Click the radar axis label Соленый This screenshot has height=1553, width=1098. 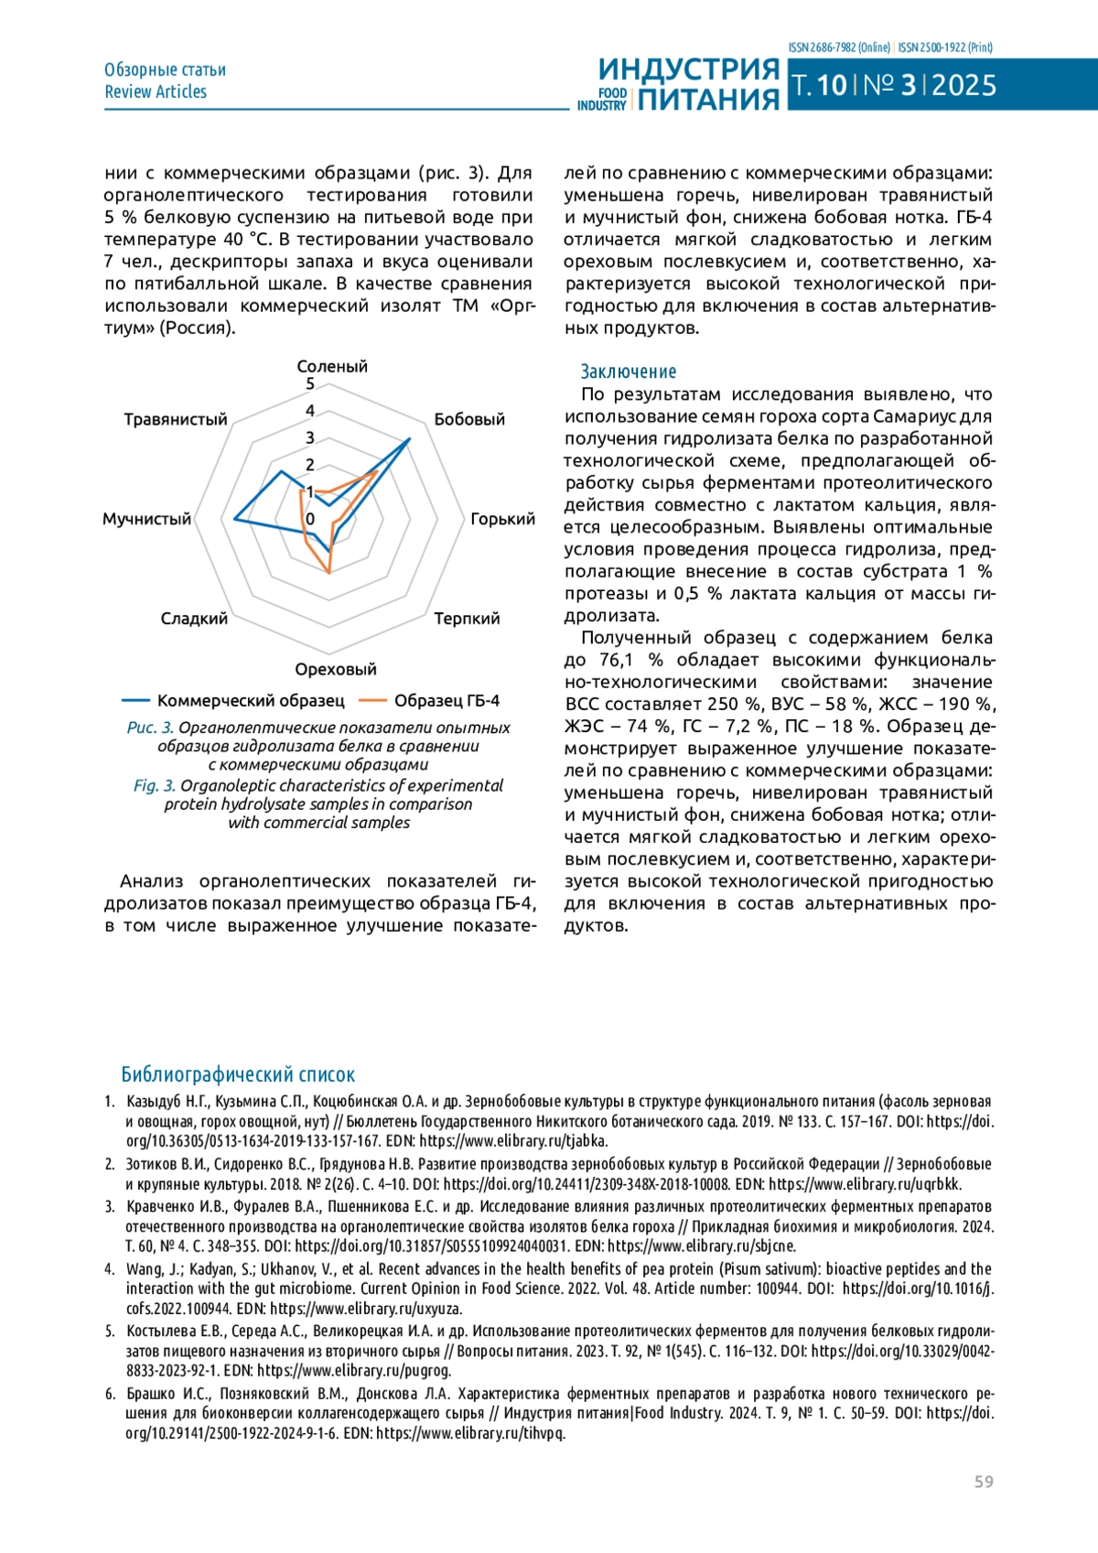point(332,366)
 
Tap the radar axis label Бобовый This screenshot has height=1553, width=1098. point(469,419)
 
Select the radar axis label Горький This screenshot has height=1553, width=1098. point(502,519)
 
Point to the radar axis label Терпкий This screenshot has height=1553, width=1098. point(467,619)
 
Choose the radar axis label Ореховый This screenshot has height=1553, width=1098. point(336,669)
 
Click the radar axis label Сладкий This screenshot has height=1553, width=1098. point(194,619)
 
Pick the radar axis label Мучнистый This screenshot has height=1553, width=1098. point(146,519)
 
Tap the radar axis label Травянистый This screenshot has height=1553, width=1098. point(176,419)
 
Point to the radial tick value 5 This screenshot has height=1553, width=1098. point(310,384)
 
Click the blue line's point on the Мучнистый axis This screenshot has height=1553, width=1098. point(235,520)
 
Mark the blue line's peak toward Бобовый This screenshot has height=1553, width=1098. point(409,439)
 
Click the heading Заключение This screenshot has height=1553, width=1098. point(629,372)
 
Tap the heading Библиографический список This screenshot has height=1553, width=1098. point(238,1074)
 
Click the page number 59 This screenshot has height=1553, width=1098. point(984,1482)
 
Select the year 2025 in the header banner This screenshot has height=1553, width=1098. point(964,86)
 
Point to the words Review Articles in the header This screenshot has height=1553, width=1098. point(156,92)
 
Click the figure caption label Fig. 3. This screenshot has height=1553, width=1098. point(154,786)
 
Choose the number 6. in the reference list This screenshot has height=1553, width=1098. point(110,1394)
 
